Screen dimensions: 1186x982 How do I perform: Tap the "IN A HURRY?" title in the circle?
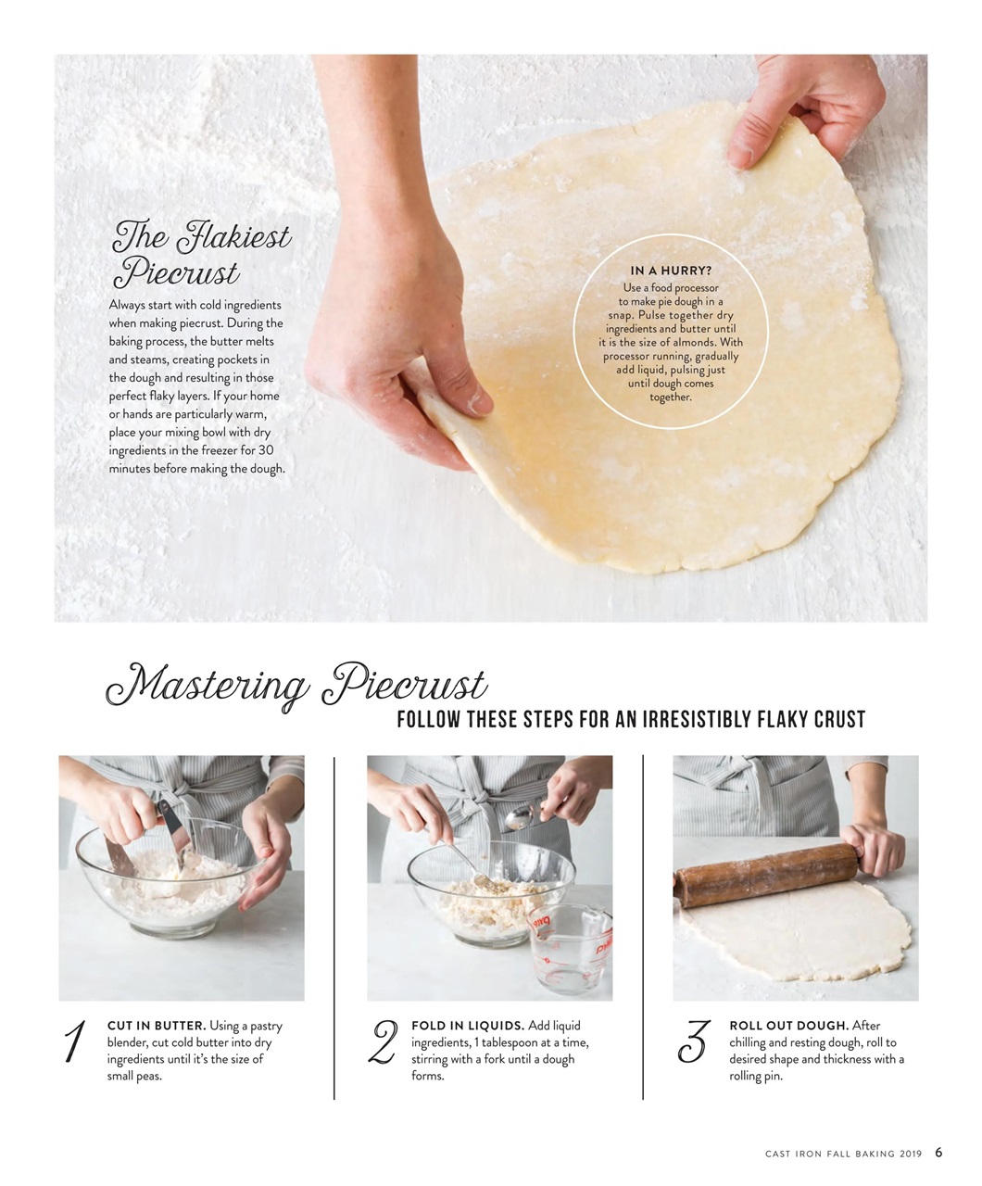(671, 271)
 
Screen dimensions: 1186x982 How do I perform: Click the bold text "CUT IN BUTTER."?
(157, 1026)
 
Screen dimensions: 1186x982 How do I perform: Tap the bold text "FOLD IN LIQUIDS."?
(468, 1026)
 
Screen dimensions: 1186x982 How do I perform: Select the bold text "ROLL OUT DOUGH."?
(788, 1026)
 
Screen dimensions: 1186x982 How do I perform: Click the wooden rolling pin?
(765, 874)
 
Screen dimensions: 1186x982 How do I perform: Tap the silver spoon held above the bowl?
(524, 816)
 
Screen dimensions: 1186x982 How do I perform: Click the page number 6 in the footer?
(938, 1153)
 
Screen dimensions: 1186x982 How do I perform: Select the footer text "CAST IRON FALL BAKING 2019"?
(843, 1154)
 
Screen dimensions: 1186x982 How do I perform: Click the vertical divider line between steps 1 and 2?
(334, 927)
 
